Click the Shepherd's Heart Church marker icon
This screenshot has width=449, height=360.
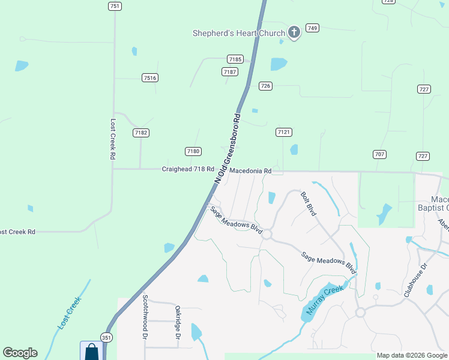pos(294,32)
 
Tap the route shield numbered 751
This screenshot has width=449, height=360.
pos(115,6)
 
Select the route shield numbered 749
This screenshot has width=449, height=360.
pos(312,28)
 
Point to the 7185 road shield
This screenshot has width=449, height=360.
pos(235,59)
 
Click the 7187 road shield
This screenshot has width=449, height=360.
pos(229,71)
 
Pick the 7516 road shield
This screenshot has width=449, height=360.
pos(150,78)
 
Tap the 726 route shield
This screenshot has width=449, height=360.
pos(265,86)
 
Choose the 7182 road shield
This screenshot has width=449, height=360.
pos(141,133)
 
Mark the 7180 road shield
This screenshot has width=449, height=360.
pos(193,151)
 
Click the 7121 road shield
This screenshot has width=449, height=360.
pos(284,132)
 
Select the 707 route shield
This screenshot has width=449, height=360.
pos(379,154)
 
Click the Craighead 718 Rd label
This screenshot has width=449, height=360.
pos(188,169)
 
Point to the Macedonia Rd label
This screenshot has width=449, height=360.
pos(250,171)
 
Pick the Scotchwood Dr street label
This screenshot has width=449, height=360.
pos(145,317)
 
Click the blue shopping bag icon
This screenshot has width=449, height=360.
pos(91,351)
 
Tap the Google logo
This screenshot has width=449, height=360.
pos(20,353)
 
